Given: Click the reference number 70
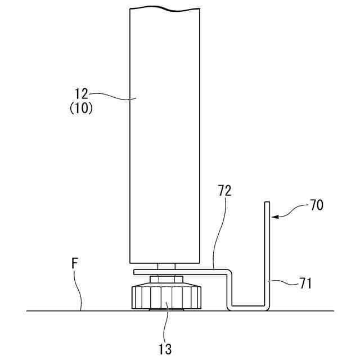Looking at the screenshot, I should tap(316, 206).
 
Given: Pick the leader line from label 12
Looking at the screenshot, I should tap(112, 96).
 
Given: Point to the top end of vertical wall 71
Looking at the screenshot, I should tap(268, 203).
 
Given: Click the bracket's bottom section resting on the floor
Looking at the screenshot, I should tap(247, 308).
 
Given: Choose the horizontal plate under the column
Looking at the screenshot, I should tap(180, 272).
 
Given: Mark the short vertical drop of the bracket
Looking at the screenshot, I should tap(229, 290).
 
